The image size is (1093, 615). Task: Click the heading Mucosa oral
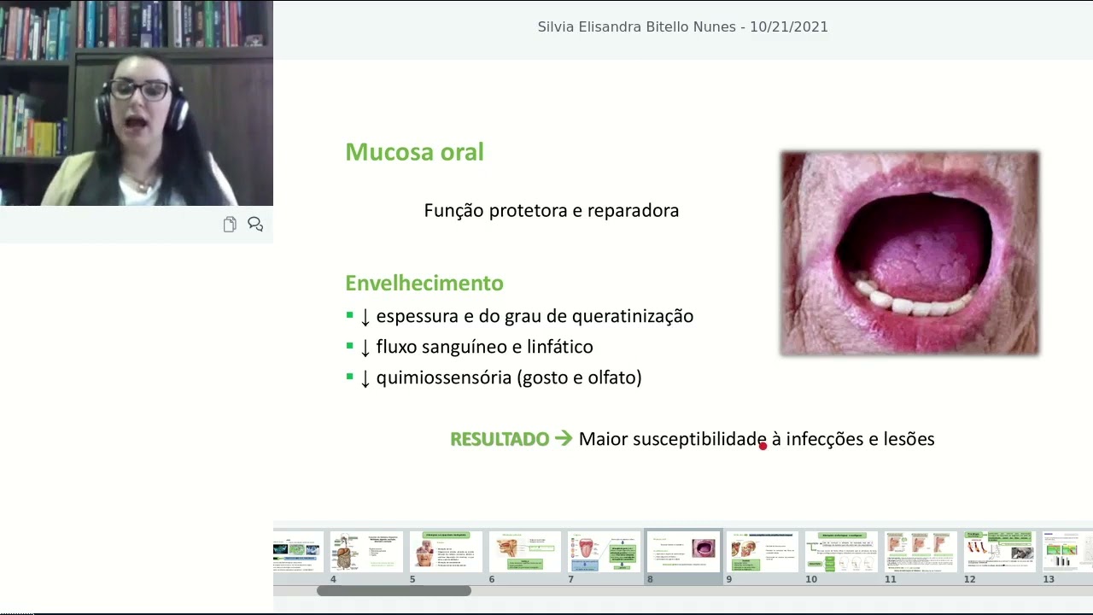click(x=414, y=152)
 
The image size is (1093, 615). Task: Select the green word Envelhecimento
click(x=424, y=283)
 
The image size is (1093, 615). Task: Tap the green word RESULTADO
click(x=500, y=439)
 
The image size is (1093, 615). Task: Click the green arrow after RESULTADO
click(x=564, y=438)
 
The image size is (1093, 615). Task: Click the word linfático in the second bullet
click(x=558, y=347)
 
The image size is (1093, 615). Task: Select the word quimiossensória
click(x=443, y=378)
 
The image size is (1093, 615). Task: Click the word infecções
click(x=824, y=439)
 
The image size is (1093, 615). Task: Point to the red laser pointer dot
click(x=763, y=445)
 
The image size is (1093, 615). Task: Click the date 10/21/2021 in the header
click(x=789, y=27)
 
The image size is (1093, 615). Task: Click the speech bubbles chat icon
click(x=255, y=224)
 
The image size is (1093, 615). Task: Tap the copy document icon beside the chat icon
click(x=230, y=225)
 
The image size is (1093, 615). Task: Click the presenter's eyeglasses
click(x=139, y=90)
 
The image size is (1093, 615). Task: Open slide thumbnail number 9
click(x=762, y=551)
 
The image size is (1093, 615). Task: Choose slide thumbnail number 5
click(x=445, y=551)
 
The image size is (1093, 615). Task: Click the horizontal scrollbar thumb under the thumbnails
click(x=394, y=590)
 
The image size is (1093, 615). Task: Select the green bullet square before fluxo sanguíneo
click(x=349, y=346)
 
